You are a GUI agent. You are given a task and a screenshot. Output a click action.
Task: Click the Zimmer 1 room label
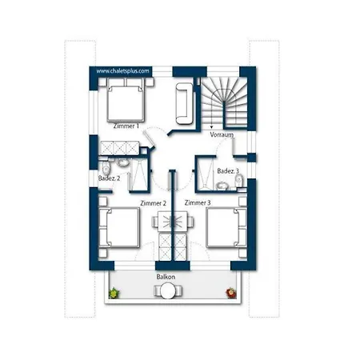(126, 126)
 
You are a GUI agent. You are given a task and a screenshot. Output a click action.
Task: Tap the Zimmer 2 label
(154, 203)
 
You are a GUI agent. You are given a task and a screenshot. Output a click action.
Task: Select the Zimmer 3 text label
(198, 202)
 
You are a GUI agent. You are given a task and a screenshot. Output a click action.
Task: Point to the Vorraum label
(222, 134)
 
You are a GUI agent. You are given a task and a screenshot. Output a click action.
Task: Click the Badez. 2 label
(109, 178)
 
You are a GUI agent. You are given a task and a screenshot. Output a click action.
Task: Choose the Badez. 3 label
(228, 171)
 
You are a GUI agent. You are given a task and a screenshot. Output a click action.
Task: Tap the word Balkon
(166, 277)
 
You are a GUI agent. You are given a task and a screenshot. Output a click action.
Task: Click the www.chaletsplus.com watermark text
(122, 71)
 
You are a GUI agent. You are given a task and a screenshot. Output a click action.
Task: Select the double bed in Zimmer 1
(126, 100)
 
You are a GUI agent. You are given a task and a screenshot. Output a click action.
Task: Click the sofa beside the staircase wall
(184, 103)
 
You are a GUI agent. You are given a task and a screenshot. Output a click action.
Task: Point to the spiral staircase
(224, 102)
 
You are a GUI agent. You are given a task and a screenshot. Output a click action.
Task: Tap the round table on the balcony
(168, 290)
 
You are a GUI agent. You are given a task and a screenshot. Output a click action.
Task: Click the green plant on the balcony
(114, 293)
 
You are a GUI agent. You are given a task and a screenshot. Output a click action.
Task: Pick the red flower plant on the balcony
(231, 293)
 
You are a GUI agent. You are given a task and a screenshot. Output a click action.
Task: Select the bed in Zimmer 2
(119, 227)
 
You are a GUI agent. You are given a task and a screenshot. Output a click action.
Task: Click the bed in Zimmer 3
(226, 228)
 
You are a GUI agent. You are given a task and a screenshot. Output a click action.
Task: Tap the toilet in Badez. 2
(106, 167)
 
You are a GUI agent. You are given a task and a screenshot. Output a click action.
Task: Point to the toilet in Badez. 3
(239, 180)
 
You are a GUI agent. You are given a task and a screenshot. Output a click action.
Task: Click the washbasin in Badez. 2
(122, 162)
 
